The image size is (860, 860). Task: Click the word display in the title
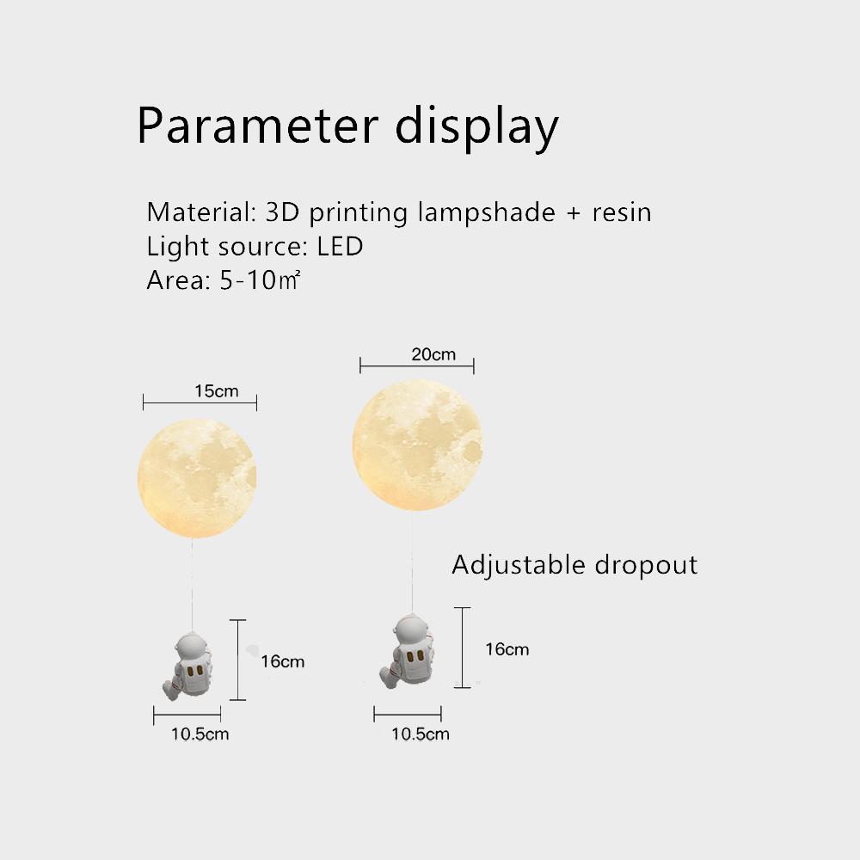coord(476,127)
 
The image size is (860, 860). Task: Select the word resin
coord(621,212)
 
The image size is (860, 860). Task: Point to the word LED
coord(340,247)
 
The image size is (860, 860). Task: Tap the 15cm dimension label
coord(216,391)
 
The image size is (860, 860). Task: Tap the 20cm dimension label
coord(433,354)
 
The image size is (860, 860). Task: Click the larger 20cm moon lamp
coord(417,444)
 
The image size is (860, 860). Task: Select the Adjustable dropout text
coord(574,565)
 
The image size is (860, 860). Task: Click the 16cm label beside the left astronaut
coord(282,661)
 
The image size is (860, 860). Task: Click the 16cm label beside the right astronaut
coord(507,648)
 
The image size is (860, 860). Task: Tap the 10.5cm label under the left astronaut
coord(200,734)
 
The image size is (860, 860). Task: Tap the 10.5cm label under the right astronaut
coord(421,734)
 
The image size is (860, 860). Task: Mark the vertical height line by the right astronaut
coord(463,648)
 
